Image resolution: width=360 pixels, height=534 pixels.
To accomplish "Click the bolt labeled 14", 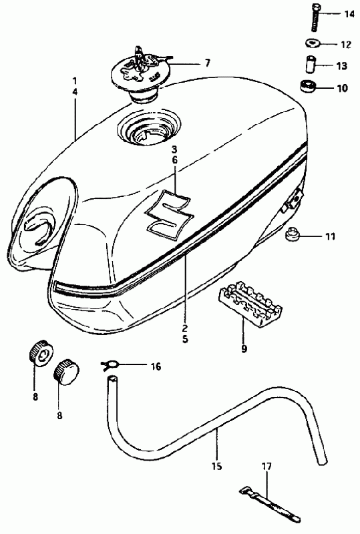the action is pyautogui.click(x=314, y=18).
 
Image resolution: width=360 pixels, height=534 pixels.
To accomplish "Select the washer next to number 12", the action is pyautogui.click(x=311, y=44).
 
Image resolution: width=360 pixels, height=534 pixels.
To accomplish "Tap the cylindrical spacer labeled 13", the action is pyautogui.click(x=311, y=64).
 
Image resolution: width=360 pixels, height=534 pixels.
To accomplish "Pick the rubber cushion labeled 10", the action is pyautogui.click(x=309, y=86).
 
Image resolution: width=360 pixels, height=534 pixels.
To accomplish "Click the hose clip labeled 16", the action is pyautogui.click(x=110, y=365).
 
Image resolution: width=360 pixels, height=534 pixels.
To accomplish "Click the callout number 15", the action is pyautogui.click(x=216, y=466).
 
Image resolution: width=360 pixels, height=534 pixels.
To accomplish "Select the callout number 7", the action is pyautogui.click(x=207, y=63).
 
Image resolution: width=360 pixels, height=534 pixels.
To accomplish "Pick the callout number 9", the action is pyautogui.click(x=244, y=349).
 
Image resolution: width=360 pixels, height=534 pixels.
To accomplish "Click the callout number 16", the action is pyautogui.click(x=155, y=366).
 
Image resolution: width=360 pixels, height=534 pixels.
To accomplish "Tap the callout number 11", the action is pyautogui.click(x=329, y=236).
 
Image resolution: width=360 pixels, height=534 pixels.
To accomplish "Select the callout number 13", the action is pyautogui.click(x=342, y=65).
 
